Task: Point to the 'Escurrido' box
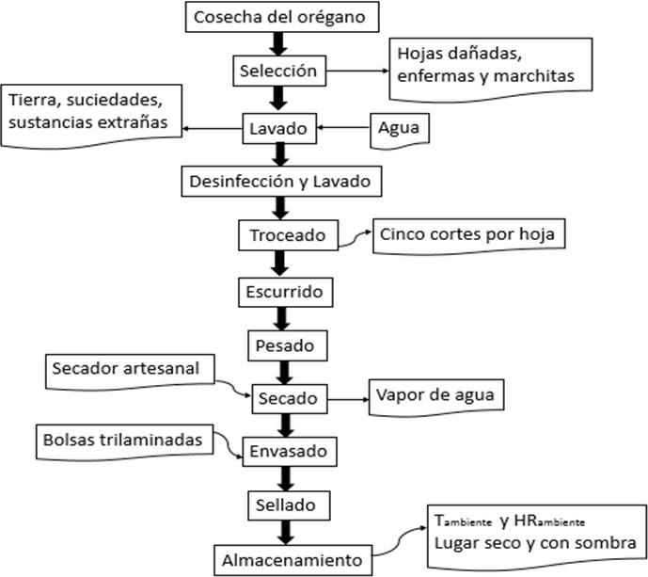click(285, 292)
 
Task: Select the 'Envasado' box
click(287, 450)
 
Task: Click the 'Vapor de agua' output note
click(435, 393)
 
